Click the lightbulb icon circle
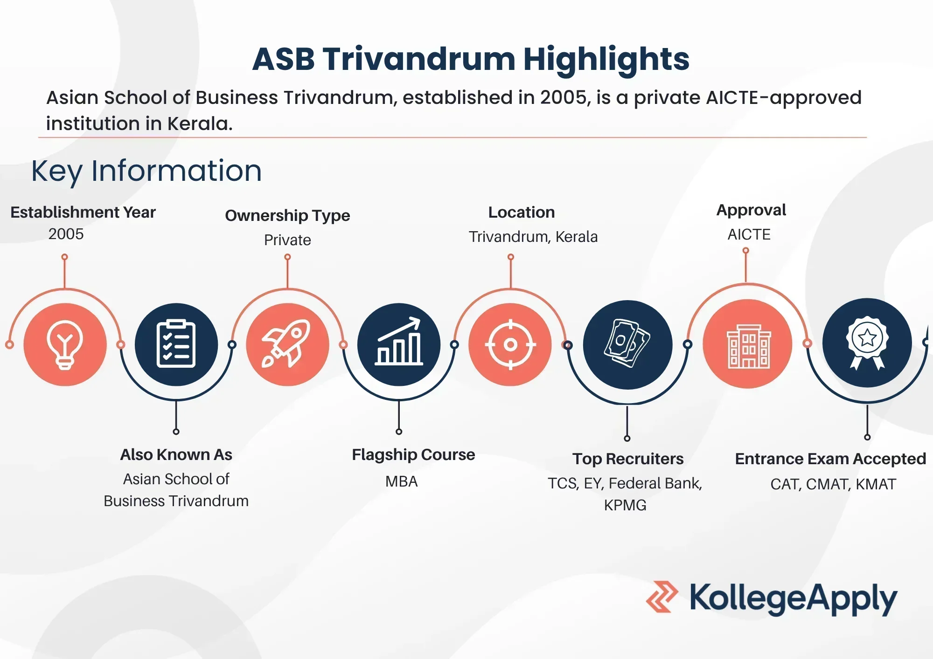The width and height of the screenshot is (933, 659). tap(65, 344)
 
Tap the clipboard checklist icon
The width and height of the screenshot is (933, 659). tap(176, 344)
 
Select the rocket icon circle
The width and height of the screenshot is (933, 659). tap(287, 344)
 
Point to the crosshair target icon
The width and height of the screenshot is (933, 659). tap(510, 344)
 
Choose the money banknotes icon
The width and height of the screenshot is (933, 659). tap(628, 344)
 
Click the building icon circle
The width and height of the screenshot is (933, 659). tap(747, 344)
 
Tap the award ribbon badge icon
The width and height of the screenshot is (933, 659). tap(867, 343)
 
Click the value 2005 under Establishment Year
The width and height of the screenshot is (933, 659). tap(66, 234)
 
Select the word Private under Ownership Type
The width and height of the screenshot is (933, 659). tap(287, 240)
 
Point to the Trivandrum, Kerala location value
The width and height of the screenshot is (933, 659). tap(533, 237)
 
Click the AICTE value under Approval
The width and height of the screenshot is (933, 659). tap(749, 234)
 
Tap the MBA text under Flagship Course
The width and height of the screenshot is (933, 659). tap(402, 481)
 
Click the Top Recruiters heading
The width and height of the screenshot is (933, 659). tap(628, 459)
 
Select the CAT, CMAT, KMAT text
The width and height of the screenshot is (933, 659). tap(833, 484)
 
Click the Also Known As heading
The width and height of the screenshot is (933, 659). tap(176, 454)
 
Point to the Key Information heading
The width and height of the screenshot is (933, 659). tap(146, 171)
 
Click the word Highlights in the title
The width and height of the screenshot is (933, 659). tap(606, 60)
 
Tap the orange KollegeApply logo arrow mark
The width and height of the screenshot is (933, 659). tap(662, 597)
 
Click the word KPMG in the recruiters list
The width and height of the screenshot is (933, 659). tap(625, 505)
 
